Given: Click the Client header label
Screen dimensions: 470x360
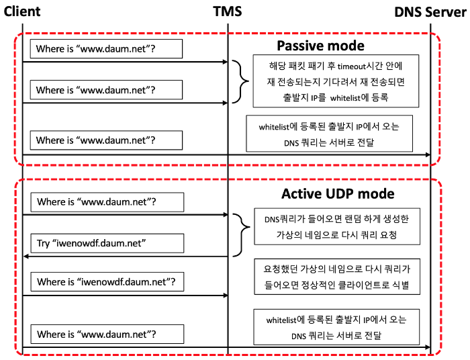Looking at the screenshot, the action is click(22, 11).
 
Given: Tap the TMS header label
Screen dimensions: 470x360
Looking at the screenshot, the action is click(227, 11).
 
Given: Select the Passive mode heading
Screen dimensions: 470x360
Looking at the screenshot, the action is click(320, 46).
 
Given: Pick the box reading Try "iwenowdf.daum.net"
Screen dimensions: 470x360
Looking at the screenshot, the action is click(107, 243).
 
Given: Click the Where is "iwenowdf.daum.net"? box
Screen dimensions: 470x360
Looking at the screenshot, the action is click(107, 282).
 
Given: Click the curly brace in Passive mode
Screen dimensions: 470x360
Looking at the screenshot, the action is click(240, 81).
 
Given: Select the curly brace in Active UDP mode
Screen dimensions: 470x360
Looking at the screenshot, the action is click(242, 235).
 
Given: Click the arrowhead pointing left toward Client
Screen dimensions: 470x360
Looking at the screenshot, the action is click(26, 257).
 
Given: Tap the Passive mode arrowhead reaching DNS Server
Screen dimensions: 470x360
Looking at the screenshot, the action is click(428, 154).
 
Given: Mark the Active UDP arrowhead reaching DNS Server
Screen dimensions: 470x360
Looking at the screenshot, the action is click(428, 347).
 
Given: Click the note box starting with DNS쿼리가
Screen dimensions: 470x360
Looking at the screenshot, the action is click(337, 226).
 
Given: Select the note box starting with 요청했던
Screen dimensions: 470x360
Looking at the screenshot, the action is click(337, 277).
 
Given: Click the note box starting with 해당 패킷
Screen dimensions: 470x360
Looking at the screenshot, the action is click(336, 81).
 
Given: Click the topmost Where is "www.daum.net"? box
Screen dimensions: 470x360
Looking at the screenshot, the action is click(106, 48).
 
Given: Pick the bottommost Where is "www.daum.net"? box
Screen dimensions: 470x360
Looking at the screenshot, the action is click(107, 334).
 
